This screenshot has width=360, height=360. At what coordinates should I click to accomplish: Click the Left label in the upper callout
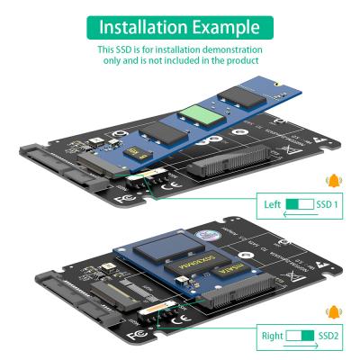point(272,204)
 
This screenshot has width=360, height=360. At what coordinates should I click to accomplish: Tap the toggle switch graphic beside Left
point(301,204)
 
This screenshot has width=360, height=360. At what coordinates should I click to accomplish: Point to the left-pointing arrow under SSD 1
point(301,215)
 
